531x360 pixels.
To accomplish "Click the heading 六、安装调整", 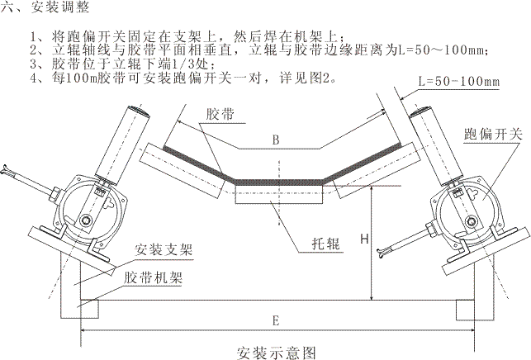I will coord(39,7).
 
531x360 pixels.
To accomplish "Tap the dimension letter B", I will coord(273,140).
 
